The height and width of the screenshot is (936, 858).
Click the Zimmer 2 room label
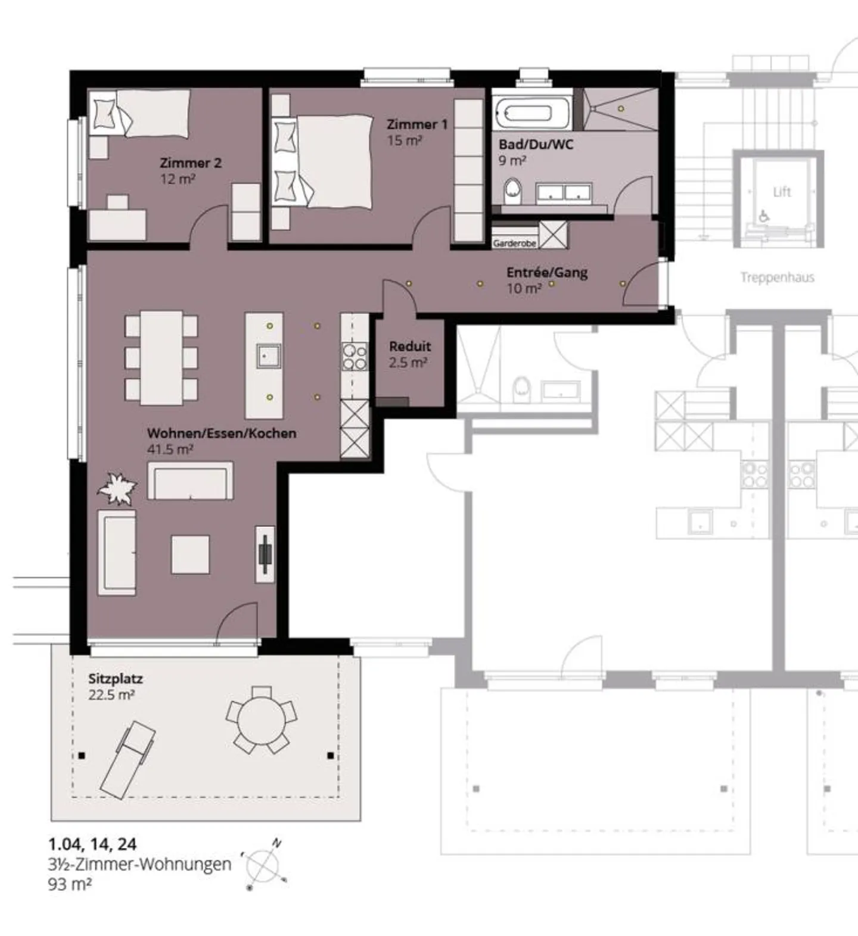point(190,163)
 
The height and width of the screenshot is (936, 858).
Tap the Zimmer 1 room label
point(416,124)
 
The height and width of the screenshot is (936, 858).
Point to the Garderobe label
point(514,244)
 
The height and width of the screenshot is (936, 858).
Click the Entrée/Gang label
point(547,273)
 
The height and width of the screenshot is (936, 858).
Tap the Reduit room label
point(410,346)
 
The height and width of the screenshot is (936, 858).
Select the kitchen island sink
point(268,356)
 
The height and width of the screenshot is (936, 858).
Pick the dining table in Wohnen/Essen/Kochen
point(161,357)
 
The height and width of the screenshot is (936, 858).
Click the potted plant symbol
point(117,488)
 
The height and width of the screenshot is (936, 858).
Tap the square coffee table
point(191,554)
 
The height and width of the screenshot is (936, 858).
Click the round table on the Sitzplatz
point(262,720)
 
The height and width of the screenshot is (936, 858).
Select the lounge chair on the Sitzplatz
point(128,759)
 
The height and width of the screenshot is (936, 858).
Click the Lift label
point(782,192)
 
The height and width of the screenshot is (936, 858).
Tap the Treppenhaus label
point(777,277)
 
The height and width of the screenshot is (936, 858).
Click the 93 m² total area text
point(70,884)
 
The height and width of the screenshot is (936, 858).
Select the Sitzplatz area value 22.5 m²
point(111,695)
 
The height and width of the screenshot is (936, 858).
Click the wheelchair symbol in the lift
point(763,216)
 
